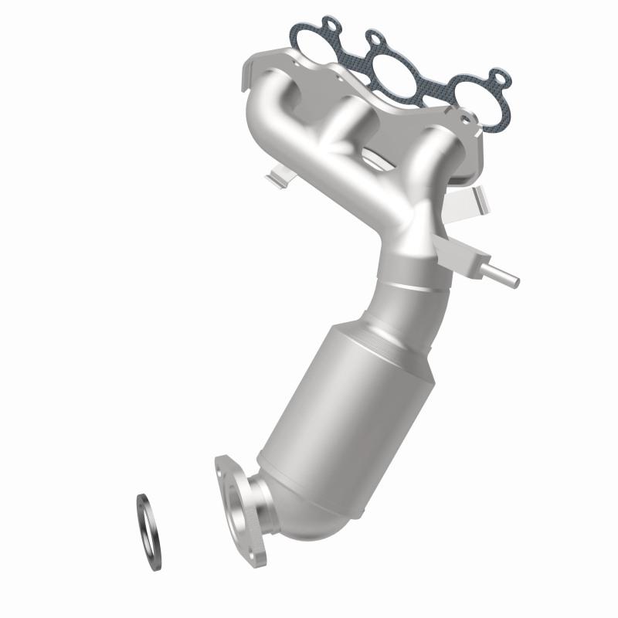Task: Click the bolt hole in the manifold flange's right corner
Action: (465, 120)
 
